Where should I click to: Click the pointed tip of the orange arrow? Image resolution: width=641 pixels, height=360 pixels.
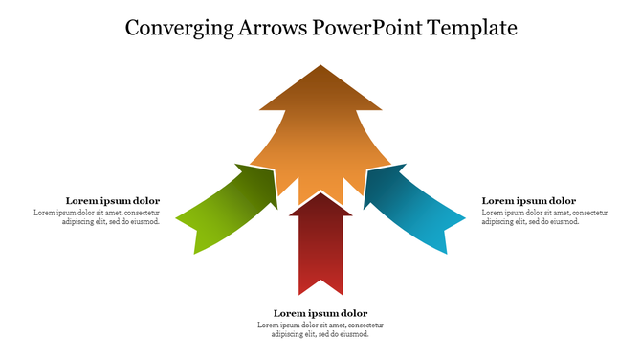coord(320,69)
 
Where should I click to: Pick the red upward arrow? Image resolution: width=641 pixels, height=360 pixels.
coord(320,244)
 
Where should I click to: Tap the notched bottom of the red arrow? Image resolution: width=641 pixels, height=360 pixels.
coord(320,286)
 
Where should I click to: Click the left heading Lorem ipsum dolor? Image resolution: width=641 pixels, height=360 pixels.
coord(112,201)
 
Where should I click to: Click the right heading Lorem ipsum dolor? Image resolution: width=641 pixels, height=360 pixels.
coord(528,201)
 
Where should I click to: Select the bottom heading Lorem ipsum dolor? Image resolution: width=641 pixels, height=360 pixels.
coord(320,313)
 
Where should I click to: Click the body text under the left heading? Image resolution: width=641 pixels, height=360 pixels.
coord(98,216)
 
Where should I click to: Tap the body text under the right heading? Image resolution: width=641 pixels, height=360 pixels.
coord(543,216)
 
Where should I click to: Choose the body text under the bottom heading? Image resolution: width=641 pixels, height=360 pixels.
coord(320,329)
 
